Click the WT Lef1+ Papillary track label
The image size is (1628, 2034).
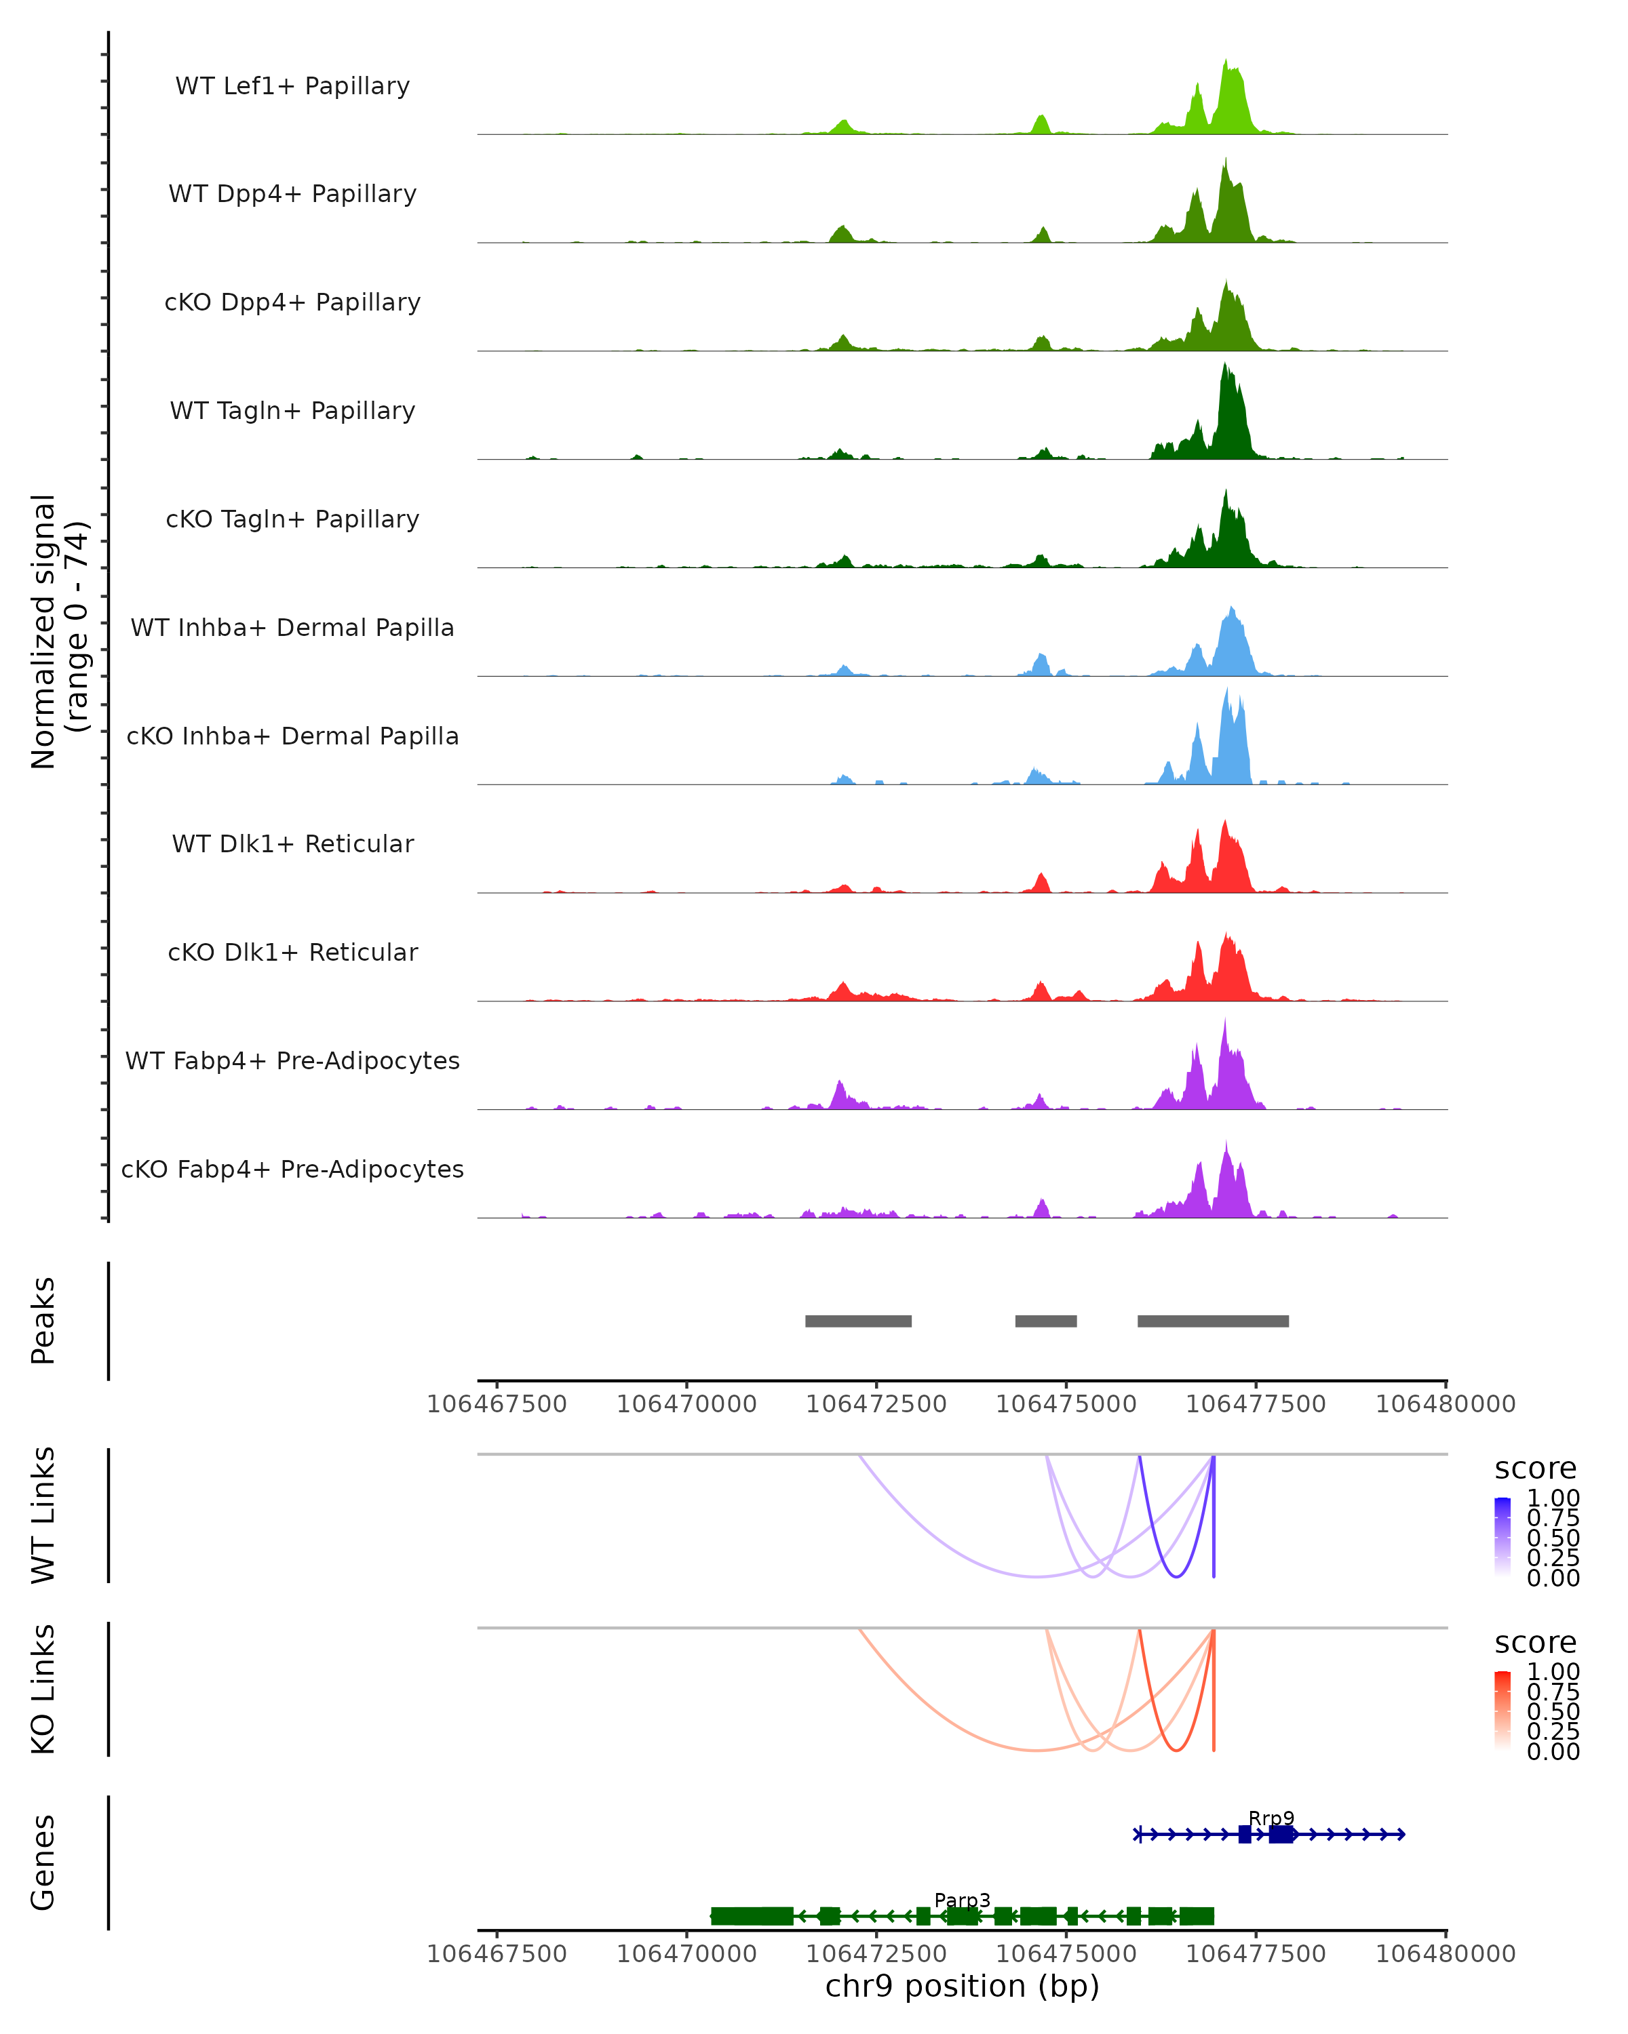coord(292,87)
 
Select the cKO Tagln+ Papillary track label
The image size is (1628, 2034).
coord(292,520)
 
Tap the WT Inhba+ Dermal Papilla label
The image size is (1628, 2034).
coord(292,629)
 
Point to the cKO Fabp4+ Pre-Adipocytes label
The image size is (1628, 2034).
coord(292,1170)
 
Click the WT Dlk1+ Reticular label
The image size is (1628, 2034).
coord(292,844)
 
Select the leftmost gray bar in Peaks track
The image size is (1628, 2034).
coord(858,1321)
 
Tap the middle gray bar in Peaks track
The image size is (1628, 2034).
coord(1046,1321)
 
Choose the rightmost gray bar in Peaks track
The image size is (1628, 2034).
coord(1213,1321)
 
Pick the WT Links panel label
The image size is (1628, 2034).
coord(43,1516)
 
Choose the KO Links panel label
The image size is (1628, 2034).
coord(43,1690)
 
